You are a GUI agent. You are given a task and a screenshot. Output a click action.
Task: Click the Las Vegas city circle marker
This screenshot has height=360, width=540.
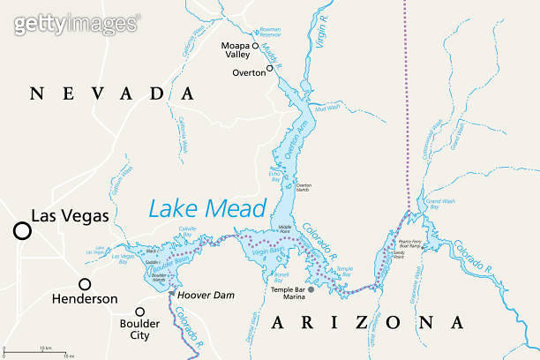pos(21,230)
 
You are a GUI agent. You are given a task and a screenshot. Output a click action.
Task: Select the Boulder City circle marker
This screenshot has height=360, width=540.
pos(139,311)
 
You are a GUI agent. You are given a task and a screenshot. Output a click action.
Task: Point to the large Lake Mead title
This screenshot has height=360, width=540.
pos(206,208)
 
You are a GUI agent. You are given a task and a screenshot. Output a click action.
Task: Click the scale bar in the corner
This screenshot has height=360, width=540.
pos(40,353)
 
